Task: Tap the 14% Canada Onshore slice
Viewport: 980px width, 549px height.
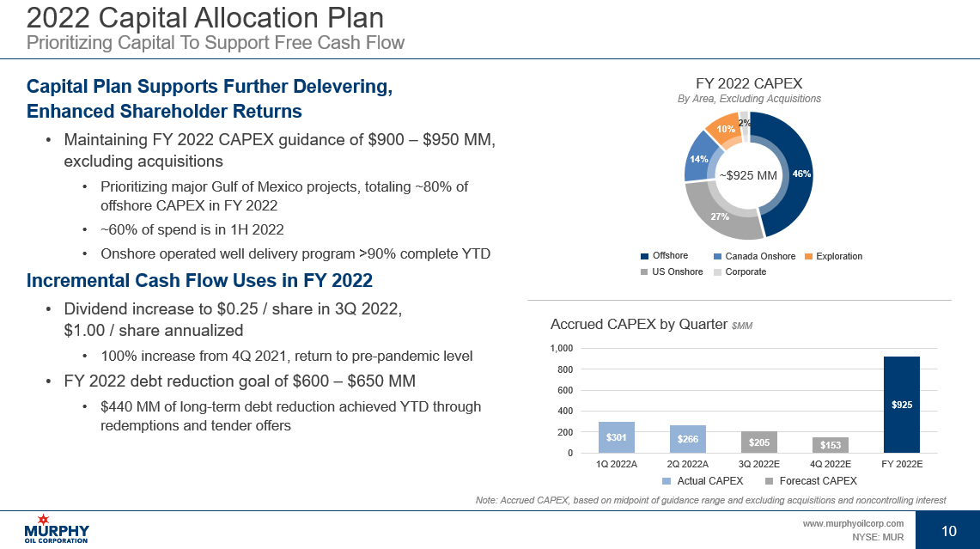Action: tap(697, 162)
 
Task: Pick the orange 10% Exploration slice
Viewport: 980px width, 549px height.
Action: tap(724, 131)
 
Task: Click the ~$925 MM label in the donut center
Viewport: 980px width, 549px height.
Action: tap(747, 175)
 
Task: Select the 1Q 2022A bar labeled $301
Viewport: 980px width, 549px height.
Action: tap(616, 437)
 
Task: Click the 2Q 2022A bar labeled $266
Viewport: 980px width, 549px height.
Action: tap(688, 439)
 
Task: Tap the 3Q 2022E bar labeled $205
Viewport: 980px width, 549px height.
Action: tap(759, 442)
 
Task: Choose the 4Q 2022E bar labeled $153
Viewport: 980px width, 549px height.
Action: tap(831, 444)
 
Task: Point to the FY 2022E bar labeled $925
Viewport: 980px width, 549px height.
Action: tap(902, 404)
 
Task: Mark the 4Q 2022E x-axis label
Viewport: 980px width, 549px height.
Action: tap(831, 464)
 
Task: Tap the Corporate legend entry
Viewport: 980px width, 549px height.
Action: tap(740, 271)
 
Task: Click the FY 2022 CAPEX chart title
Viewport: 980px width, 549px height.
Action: tap(748, 83)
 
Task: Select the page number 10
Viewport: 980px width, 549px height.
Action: tap(949, 531)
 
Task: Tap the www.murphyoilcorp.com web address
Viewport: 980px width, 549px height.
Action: tap(853, 523)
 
